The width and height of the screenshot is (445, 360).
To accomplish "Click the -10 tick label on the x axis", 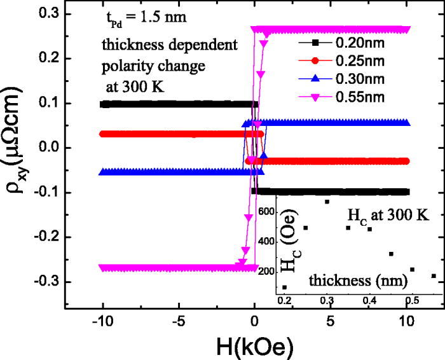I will pos(102,324).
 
